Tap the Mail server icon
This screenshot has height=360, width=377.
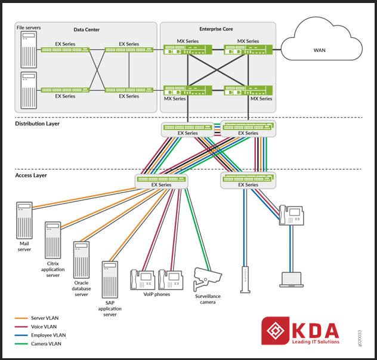coord(24,220)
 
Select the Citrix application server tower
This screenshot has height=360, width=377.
coord(52,239)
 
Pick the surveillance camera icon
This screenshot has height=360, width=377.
coord(206,276)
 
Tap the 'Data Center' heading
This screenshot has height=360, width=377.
coord(86,29)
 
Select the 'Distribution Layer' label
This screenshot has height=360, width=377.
coord(37,124)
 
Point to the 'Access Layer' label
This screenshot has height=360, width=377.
coord(31,176)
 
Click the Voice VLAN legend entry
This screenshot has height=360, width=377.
coord(45,327)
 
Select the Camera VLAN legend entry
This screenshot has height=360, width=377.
coord(47,344)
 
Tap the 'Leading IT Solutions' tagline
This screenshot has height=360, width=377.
coord(316,341)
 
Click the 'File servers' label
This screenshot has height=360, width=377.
coord(29,27)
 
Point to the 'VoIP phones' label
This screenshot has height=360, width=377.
coord(157,294)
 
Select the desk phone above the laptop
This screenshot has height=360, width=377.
coord(293,216)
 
